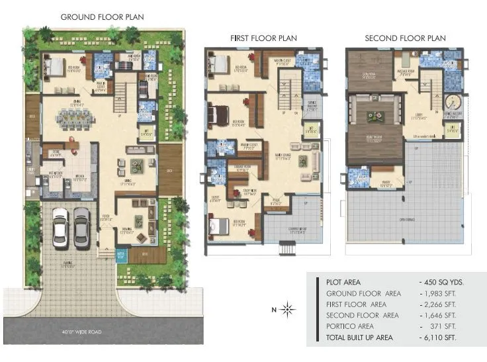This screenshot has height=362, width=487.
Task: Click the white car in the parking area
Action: (x=60, y=227)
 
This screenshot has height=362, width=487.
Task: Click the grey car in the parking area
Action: (x=81, y=227)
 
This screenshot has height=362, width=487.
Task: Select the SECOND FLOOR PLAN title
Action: (x=406, y=38)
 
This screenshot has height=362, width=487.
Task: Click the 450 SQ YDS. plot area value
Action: (x=442, y=281)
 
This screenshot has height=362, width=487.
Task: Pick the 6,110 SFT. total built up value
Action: (x=442, y=337)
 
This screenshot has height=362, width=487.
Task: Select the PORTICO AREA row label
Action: (x=350, y=326)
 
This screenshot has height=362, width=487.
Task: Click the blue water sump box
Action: (x=120, y=254)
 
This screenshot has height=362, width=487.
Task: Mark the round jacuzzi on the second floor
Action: (x=452, y=103)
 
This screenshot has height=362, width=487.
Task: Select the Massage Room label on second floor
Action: (x=405, y=71)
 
